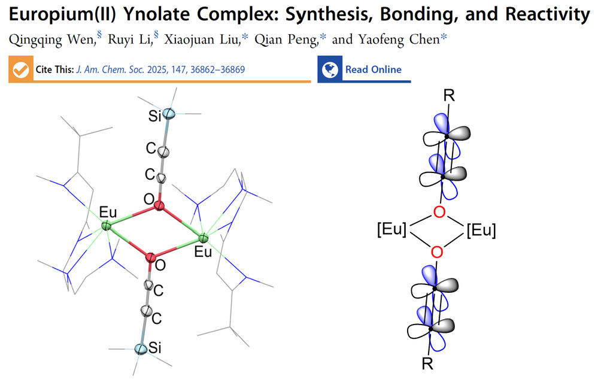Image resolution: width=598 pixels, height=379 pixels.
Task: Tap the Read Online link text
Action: (x=373, y=70)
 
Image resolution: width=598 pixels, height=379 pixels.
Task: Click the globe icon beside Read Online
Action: (x=329, y=70)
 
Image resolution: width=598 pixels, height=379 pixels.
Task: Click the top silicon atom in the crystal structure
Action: (x=169, y=113)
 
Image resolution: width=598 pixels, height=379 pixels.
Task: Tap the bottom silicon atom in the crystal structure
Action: (x=140, y=349)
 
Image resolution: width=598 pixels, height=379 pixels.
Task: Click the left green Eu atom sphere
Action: (x=106, y=226)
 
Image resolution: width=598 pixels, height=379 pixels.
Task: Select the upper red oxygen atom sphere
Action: (x=159, y=207)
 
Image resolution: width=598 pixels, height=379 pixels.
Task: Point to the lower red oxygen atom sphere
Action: (x=150, y=257)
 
